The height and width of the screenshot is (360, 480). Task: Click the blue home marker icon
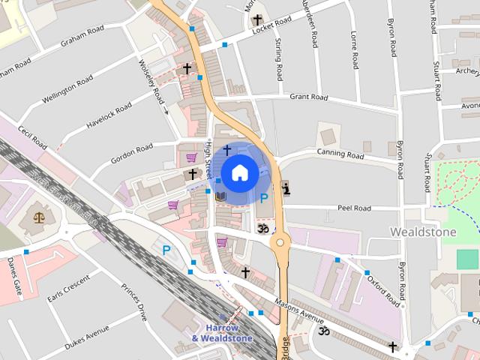[x=239, y=173]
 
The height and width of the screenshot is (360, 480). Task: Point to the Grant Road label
[x=309, y=97]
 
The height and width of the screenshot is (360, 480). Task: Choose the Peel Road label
[x=354, y=208]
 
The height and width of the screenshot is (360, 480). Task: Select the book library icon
[x=220, y=196]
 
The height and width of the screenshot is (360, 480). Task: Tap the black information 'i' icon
[x=285, y=188]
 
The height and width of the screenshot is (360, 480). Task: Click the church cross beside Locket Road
[x=257, y=19]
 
